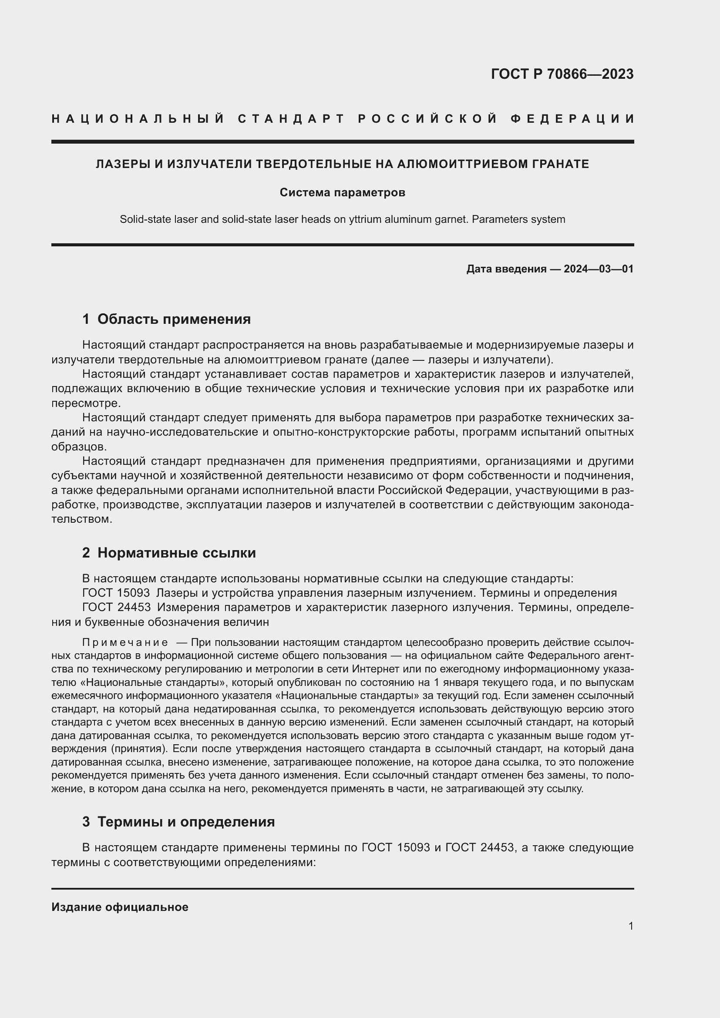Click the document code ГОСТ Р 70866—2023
562,74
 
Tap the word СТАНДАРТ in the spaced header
291,119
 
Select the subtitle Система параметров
342,192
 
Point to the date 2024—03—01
598,269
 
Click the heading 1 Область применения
166,319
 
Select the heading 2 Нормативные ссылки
169,553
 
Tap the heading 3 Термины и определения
178,822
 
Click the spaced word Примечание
125,642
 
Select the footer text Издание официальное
120,907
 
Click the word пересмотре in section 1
84,403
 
